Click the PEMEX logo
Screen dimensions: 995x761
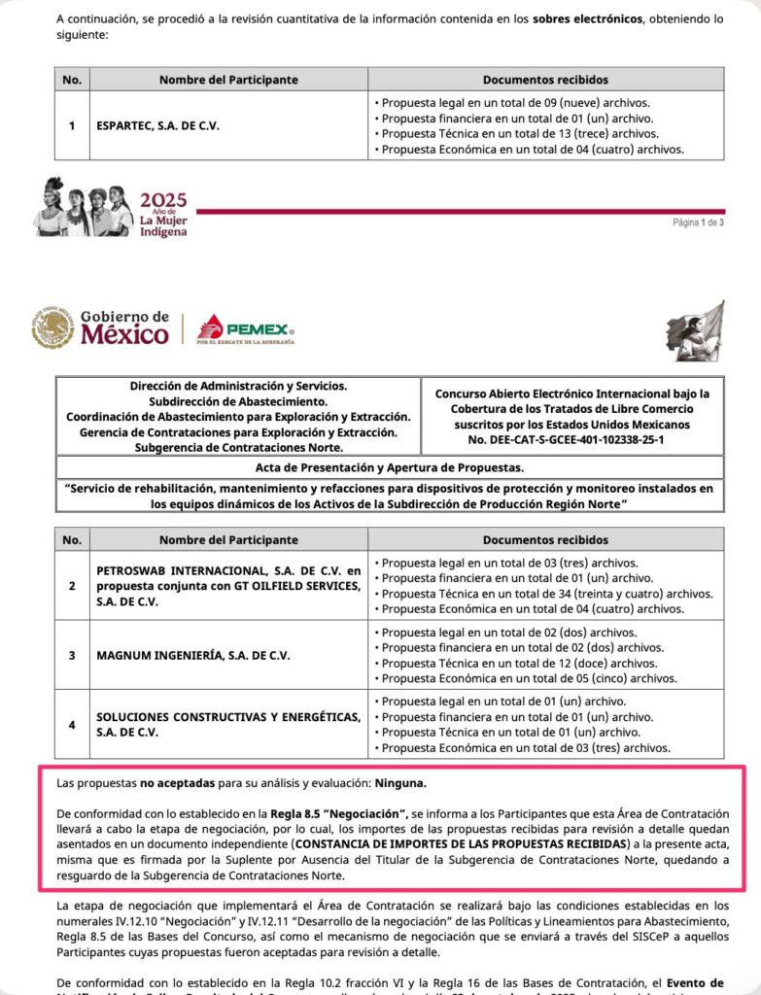click(x=246, y=328)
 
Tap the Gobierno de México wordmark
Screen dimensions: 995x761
click(x=124, y=327)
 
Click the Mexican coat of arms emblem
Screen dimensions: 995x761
click(x=52, y=327)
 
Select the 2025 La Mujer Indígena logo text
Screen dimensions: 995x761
click(x=163, y=214)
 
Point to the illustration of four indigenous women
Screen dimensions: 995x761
click(x=83, y=208)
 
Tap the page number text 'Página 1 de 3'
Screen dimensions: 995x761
click(x=698, y=223)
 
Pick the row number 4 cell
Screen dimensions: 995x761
click(x=71, y=724)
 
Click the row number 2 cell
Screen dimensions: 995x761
click(x=71, y=585)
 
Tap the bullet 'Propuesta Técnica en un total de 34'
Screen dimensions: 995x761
click(x=546, y=594)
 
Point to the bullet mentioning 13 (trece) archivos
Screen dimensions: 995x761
click(x=519, y=134)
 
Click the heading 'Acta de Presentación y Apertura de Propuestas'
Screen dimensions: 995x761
click(x=389, y=467)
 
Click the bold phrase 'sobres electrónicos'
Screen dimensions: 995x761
click(x=588, y=18)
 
